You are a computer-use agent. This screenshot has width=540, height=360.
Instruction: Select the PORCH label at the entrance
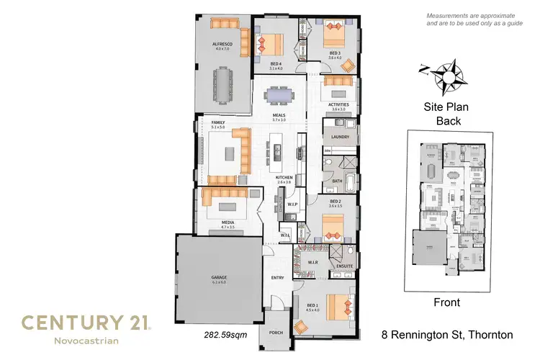pos(276,333)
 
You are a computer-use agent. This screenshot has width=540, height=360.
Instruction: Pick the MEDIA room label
pos(227,223)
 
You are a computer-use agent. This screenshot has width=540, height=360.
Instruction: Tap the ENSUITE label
pos(344,266)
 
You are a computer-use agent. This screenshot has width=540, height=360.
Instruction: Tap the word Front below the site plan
pos(446,303)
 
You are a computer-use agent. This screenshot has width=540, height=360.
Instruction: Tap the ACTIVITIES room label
pos(338,105)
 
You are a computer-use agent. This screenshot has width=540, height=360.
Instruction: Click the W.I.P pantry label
pos(292,204)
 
